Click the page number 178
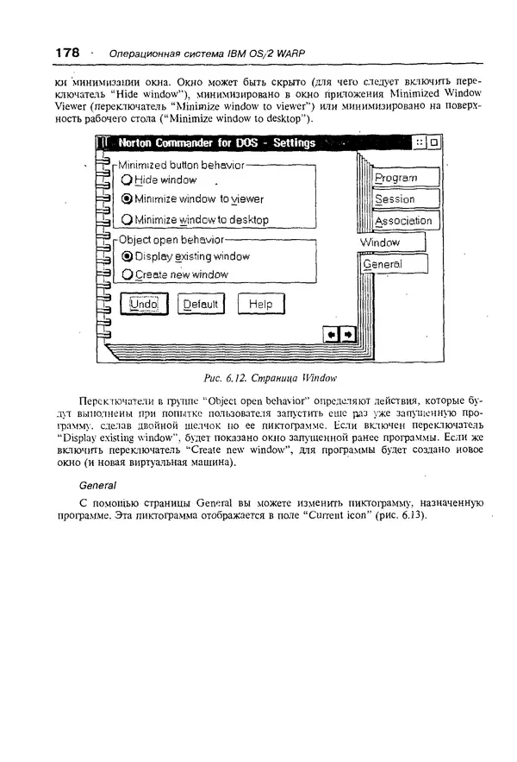67,53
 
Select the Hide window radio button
128,180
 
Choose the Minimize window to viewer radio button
128,199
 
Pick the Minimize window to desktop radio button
128,219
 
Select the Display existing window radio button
128,256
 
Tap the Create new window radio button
128,275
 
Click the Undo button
144,304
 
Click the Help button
259,304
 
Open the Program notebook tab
405,178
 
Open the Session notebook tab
405,199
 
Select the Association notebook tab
405,221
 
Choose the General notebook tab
393,264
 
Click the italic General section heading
97,485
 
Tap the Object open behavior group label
171,239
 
